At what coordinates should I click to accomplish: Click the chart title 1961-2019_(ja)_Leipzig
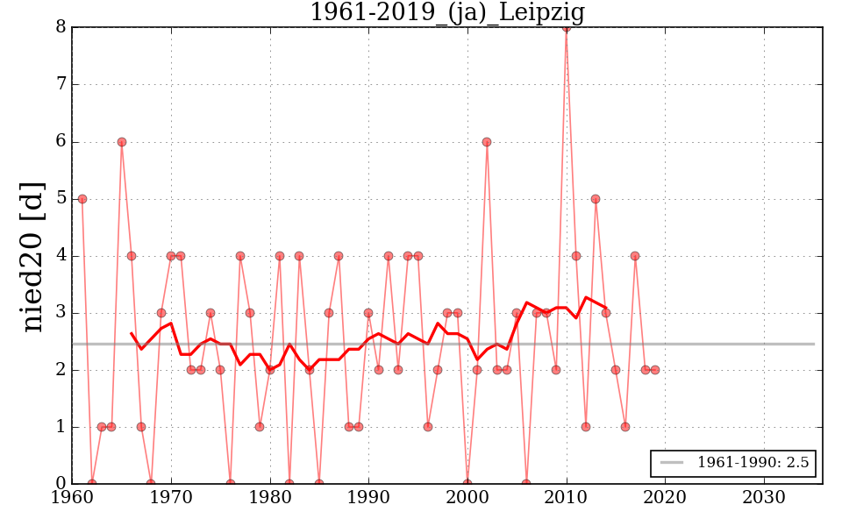pos(447,13)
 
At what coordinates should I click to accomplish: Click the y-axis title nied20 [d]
pos(33,255)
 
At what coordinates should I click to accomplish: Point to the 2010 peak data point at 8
pos(566,27)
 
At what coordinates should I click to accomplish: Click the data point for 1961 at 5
pos(82,199)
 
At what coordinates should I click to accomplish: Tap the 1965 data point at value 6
pos(122,142)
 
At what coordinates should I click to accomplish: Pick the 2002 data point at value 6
pos(487,142)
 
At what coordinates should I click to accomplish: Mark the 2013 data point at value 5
pos(596,199)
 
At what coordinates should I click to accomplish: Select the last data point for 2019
pos(655,370)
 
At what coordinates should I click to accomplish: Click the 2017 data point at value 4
pos(635,256)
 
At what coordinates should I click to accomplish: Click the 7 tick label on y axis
pos(61,85)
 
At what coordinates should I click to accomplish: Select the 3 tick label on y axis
pos(61,313)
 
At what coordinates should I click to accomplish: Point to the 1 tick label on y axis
pos(61,427)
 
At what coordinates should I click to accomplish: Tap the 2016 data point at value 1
pos(625,427)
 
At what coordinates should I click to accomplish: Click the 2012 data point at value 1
pos(586,427)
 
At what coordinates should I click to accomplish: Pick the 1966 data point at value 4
pos(132,256)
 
